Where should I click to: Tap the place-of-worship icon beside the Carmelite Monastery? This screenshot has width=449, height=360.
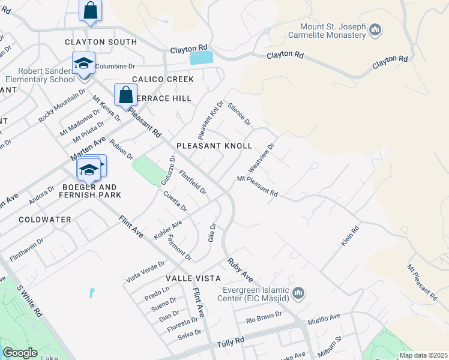[376, 29]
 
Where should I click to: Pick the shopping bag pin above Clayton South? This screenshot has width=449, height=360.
[90, 10]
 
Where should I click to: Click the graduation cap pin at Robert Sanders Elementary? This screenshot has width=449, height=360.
[83, 62]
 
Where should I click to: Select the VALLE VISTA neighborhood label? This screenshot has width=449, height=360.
[193, 279]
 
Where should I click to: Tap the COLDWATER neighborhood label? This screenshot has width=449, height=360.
[45, 220]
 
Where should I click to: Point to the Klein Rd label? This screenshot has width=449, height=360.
[349, 235]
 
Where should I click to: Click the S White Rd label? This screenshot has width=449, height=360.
[29, 300]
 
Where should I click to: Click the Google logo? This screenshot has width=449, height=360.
[20, 353]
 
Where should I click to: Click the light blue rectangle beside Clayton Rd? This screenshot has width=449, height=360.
[201, 58]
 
